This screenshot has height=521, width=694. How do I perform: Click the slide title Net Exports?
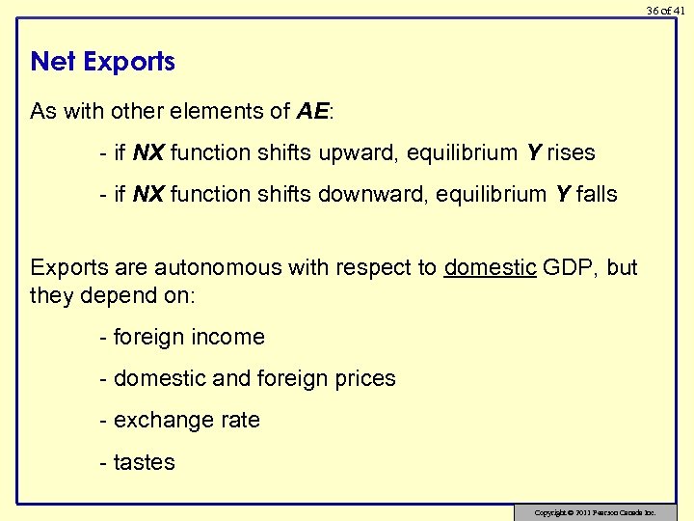(x=102, y=62)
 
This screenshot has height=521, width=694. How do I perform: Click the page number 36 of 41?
(x=665, y=10)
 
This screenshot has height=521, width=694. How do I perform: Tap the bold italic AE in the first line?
(x=312, y=111)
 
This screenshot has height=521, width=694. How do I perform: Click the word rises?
(x=572, y=152)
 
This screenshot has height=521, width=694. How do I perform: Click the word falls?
(x=598, y=194)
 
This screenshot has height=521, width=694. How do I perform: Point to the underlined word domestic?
(x=490, y=267)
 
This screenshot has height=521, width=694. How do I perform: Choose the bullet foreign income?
(x=182, y=337)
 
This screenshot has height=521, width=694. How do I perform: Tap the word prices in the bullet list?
(x=364, y=378)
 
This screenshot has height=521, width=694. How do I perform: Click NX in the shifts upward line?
(x=147, y=153)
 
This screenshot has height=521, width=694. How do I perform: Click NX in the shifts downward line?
(x=147, y=195)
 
